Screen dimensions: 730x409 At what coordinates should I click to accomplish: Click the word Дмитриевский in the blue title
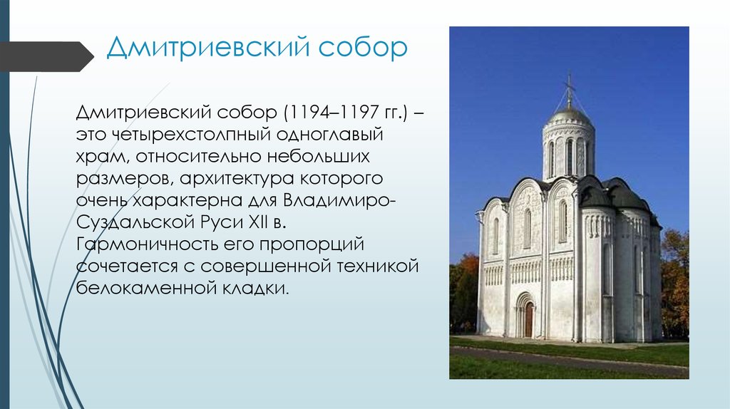208,48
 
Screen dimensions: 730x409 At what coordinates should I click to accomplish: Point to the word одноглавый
329,135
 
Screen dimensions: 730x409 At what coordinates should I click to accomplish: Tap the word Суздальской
135,222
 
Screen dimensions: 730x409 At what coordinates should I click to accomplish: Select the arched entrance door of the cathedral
528,319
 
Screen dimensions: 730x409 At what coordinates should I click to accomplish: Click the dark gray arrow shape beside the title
46,56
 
